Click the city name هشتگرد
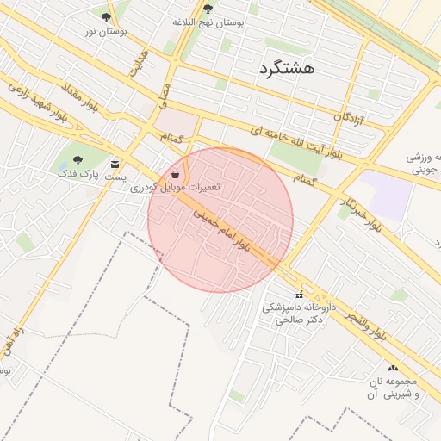[287, 67]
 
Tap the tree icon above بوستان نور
[107, 17]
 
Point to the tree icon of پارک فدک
[78, 159]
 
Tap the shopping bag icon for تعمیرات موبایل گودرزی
[176, 174]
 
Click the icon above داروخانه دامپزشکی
[299, 296]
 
